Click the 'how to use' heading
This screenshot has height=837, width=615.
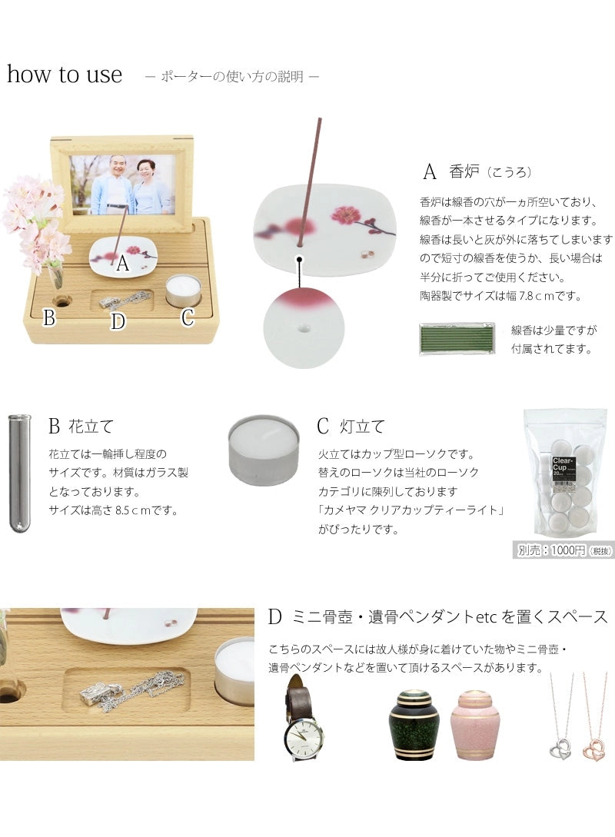tap(65, 75)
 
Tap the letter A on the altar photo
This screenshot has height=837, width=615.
tap(122, 264)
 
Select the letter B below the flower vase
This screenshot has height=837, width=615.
tap(49, 317)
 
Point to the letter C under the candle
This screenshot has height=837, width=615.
tap(188, 317)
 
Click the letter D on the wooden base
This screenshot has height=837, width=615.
tap(118, 321)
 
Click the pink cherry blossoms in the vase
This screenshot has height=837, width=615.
tap(35, 219)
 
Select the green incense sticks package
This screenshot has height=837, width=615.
tap(457, 338)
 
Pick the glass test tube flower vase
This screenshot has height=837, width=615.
tap(19, 472)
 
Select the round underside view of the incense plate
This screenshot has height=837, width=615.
tap(301, 327)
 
